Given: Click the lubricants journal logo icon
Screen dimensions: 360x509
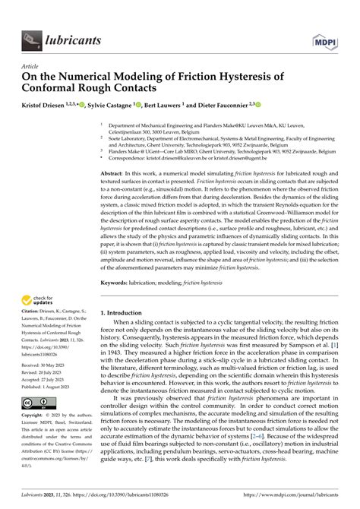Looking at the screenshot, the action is (32, 36).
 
